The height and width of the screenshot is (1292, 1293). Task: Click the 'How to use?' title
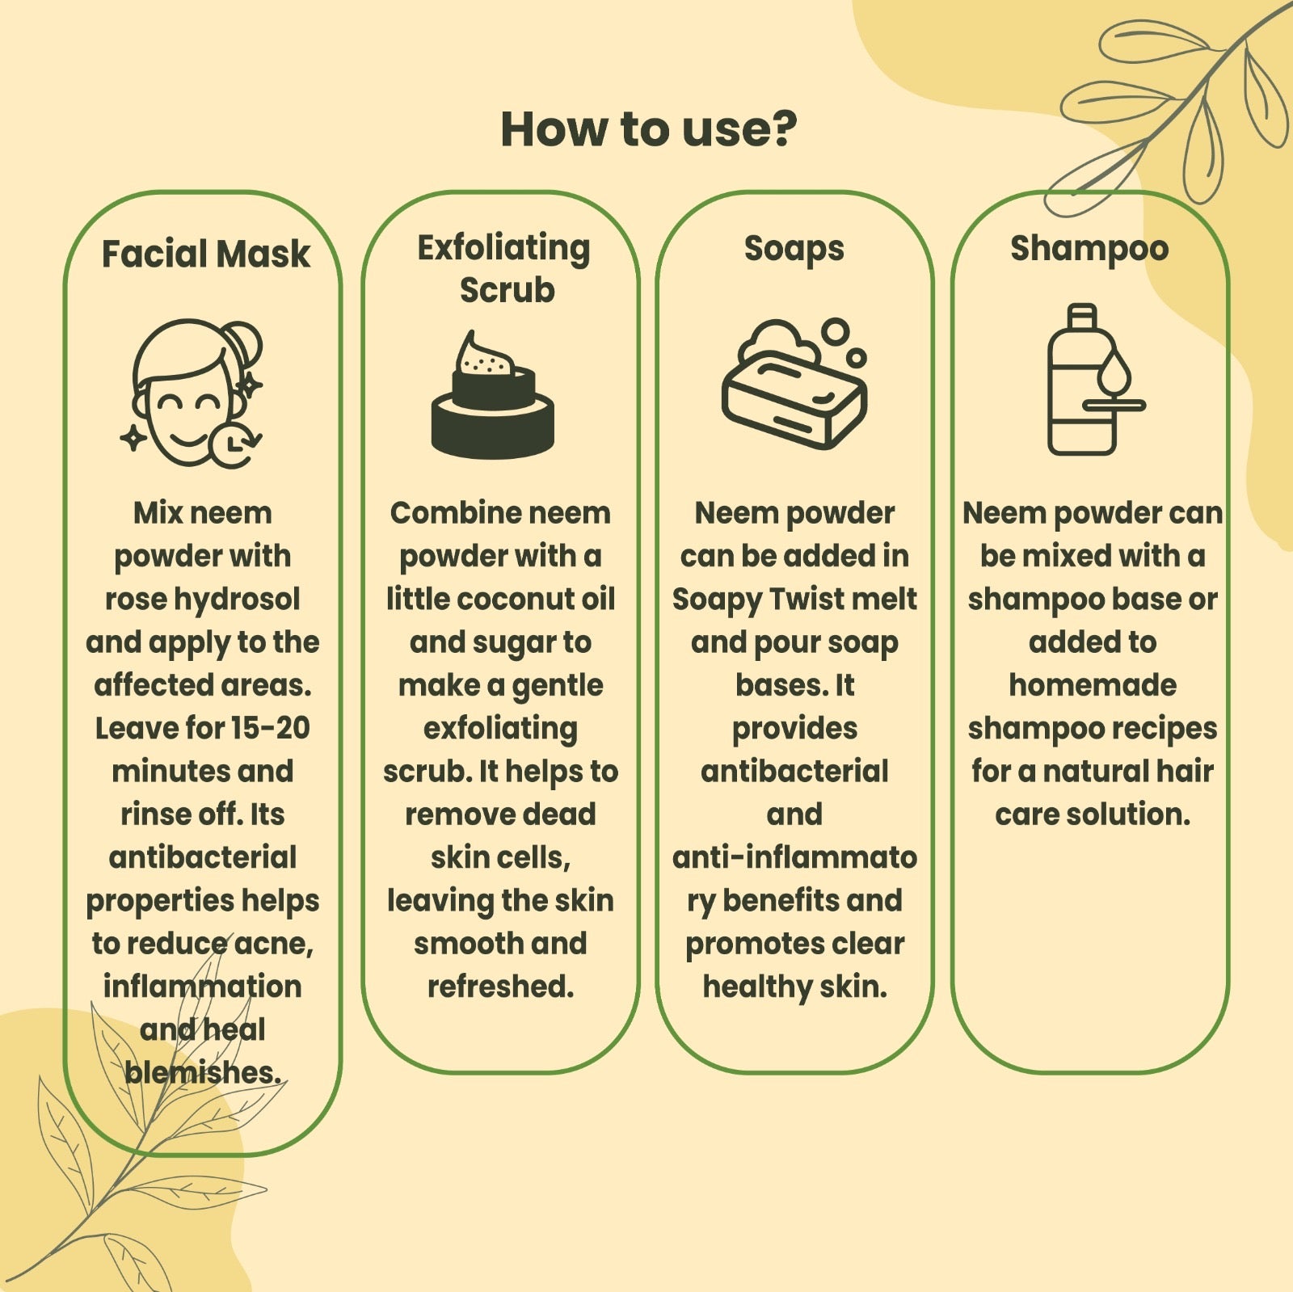pyautogui.click(x=648, y=129)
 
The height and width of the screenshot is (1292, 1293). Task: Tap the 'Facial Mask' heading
pyautogui.click(x=205, y=254)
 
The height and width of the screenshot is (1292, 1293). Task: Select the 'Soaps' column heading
pyautogui.click(x=794, y=249)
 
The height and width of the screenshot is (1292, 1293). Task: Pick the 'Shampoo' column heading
pyautogui.click(x=1089, y=249)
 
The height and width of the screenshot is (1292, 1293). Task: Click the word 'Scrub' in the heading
pyautogui.click(x=507, y=290)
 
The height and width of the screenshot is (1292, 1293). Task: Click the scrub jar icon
pyautogui.click(x=493, y=395)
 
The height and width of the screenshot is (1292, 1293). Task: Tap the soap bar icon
pyautogui.click(x=794, y=385)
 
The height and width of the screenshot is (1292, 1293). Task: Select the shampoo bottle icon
pyautogui.click(x=1096, y=380)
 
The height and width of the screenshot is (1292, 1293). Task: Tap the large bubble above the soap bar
pyautogui.click(x=836, y=331)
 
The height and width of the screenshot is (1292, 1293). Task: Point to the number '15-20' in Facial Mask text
pyautogui.click(x=270, y=728)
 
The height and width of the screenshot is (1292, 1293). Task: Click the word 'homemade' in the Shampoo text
pyautogui.click(x=1093, y=685)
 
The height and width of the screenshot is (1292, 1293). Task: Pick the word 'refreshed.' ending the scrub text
pyautogui.click(x=500, y=987)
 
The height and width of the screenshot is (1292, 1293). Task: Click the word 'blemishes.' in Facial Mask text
pyautogui.click(x=203, y=1072)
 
